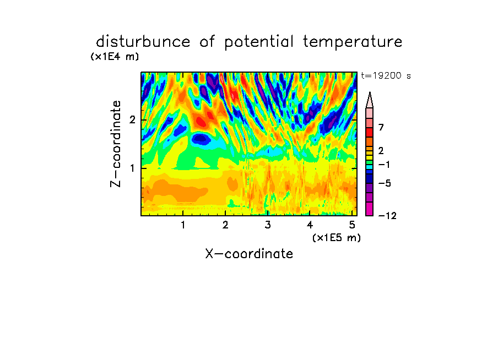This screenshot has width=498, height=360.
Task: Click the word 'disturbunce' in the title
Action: [143, 41]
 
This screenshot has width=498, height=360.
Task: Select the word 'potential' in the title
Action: [259, 42]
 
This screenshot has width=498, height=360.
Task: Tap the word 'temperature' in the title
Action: [353, 42]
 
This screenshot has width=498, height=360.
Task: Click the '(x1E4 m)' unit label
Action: [115, 57]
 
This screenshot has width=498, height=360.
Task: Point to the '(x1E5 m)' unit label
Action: [337, 237]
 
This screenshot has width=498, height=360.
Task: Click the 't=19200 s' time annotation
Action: [386, 75]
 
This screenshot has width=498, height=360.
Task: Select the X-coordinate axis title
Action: [249, 254]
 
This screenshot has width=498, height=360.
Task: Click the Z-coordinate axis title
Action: [116, 144]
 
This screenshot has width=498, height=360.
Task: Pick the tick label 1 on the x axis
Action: [183, 225]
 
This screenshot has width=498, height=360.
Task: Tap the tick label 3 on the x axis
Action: [268, 225]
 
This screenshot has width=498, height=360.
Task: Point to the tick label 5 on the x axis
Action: [352, 225]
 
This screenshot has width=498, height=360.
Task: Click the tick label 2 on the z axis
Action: [132, 120]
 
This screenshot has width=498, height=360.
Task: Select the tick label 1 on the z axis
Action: [132, 168]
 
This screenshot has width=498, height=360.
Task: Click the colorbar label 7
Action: [381, 128]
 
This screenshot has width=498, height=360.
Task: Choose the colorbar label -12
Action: [387, 216]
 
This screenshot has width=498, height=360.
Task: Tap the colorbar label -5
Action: [385, 183]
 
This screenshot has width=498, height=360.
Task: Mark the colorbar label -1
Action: [384, 165]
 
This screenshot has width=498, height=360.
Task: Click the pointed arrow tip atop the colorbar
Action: [370, 92]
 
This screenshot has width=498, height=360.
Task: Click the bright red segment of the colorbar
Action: [370, 132]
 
